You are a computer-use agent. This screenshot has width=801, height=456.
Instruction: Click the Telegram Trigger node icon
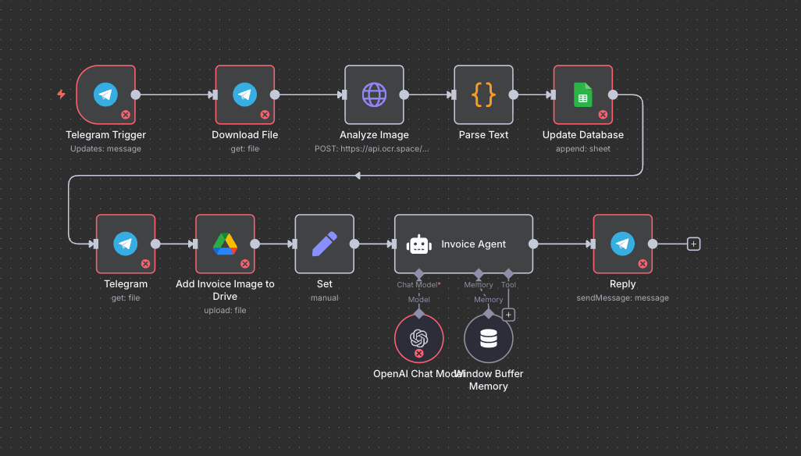coord(105,94)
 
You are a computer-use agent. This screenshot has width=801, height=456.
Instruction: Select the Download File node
coord(244,94)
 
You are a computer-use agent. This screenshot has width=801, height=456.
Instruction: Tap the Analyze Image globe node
coord(374,94)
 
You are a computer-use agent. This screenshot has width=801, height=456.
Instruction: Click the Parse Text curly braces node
coord(484,94)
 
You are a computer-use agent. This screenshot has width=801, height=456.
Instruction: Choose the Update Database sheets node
coord(582,94)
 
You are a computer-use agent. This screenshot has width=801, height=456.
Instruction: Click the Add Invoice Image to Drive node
coord(225,244)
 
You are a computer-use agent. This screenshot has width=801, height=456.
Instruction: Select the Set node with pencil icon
coord(324,244)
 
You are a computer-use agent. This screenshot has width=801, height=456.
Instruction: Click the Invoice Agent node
coord(464,244)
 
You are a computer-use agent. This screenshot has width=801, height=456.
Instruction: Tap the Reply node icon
coord(622,244)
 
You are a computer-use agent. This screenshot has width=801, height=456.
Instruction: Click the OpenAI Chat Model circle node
coord(418,338)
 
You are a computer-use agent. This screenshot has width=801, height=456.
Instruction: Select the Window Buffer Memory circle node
coord(489,338)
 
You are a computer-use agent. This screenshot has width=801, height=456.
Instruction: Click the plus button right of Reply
coord(693,244)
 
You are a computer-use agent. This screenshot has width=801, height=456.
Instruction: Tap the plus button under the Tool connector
coord(508,315)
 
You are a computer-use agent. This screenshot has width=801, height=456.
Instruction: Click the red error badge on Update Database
coord(603,115)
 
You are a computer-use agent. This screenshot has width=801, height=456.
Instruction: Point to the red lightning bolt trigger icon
coord(61,94)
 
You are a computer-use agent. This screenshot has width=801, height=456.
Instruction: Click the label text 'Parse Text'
coord(483,135)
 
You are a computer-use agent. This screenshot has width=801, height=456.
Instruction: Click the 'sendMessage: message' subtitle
coord(622,297)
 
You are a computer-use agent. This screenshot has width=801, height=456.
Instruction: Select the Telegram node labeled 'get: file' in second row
coord(125,244)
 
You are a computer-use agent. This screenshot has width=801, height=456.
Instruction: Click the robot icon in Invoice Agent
coord(419,244)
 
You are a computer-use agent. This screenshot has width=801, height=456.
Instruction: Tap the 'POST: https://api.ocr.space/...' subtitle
coord(372,148)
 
